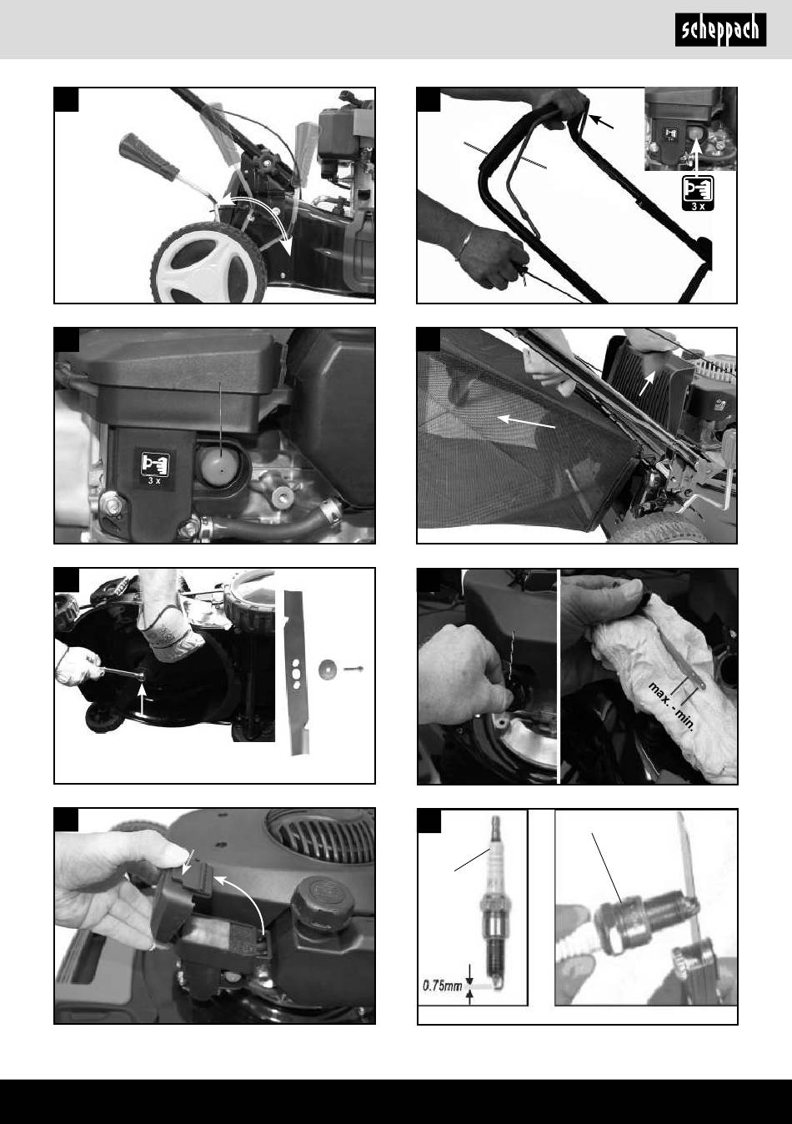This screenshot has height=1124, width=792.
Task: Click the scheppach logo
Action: click(720, 30)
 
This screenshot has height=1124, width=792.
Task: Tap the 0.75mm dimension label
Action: click(442, 986)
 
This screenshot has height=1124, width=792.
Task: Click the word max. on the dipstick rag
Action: click(658, 693)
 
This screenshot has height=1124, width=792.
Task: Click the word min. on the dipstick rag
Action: click(685, 721)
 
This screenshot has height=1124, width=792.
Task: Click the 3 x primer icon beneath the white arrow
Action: click(698, 193)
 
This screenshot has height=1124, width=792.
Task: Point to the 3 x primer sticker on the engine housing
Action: click(154, 468)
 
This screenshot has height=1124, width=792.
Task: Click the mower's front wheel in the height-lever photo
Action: click(209, 263)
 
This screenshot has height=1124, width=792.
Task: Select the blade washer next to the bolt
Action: click(326, 669)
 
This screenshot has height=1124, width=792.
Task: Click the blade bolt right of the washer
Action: click(353, 669)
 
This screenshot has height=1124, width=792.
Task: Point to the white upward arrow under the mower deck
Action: click(143, 698)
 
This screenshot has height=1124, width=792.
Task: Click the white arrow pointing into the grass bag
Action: click(526, 422)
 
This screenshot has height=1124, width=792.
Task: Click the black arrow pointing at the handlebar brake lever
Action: click(601, 122)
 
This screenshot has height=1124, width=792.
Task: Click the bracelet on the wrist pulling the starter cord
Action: click(465, 243)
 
